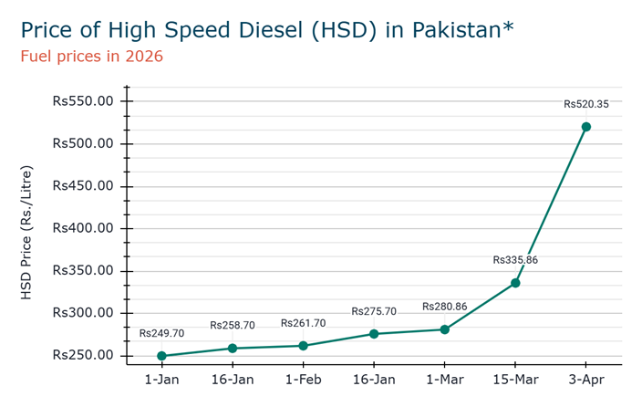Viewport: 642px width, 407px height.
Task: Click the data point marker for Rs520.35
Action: pos(585,127)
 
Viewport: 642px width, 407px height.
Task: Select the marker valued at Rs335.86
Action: pos(515,283)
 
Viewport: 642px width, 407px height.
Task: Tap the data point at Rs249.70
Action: pos(161,356)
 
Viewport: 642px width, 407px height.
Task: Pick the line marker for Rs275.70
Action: pos(374,334)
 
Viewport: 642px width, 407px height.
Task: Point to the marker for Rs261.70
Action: pos(303,346)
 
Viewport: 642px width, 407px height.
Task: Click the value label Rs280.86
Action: pos(444,307)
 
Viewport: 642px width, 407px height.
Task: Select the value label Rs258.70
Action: pos(233,326)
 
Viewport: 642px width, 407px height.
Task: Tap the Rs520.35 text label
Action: pos(585,104)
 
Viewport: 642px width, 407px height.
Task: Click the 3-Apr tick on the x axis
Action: pos(585,379)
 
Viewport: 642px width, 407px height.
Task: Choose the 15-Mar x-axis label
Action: pos(515,379)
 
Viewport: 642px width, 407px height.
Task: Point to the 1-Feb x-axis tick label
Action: pos(303,379)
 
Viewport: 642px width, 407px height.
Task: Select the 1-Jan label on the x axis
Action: pos(161,379)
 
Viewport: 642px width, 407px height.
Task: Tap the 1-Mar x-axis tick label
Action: pos(444,379)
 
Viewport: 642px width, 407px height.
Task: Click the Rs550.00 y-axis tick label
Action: pos(83,101)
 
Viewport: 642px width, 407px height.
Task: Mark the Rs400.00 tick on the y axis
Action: pos(83,228)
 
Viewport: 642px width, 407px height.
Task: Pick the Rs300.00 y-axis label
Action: pos(83,313)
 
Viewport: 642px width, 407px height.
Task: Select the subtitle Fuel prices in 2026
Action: pos(91,57)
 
